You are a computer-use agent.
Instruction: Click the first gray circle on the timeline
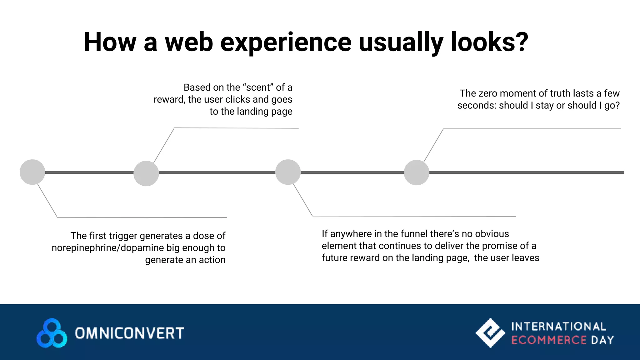[32, 172]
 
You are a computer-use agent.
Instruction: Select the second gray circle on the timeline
[146, 173]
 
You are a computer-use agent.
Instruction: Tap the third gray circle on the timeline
[288, 172]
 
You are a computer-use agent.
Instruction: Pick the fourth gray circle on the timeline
[416, 172]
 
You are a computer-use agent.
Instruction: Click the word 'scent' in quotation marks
[258, 87]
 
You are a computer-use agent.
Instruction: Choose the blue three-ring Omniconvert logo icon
[52, 333]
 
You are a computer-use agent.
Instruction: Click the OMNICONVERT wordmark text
[129, 333]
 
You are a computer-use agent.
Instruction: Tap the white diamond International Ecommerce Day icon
[490, 333]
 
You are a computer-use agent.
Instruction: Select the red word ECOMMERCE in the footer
[549, 340]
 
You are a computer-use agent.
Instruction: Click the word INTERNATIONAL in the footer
[559, 327]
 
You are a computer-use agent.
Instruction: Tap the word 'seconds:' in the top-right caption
[477, 106]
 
